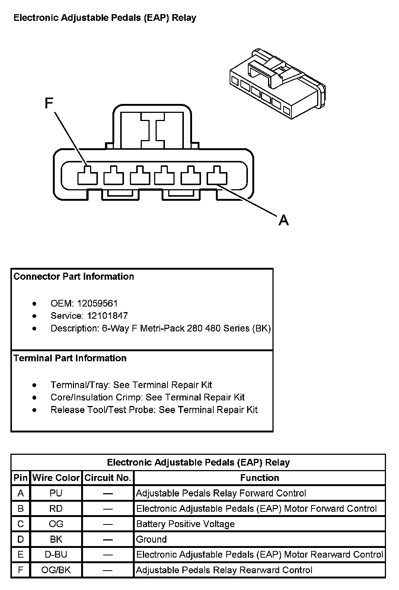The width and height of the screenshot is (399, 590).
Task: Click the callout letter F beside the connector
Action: point(49,103)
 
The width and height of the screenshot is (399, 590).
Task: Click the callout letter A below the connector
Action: point(283,220)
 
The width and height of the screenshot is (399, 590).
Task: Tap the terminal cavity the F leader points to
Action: point(87,176)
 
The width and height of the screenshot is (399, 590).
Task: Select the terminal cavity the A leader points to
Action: point(217,176)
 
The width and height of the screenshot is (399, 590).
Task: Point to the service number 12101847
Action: point(108,316)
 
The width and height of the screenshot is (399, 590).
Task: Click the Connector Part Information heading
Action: point(74,276)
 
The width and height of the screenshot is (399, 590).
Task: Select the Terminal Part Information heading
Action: point(70,358)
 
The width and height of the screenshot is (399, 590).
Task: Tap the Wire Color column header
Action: point(56,478)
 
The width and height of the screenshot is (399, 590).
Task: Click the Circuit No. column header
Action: point(108,478)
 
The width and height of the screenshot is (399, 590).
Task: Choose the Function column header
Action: point(259,478)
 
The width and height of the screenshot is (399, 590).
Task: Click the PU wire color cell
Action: point(56,493)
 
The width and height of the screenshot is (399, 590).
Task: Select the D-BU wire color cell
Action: point(56,555)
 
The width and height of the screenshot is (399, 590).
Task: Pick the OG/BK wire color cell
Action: point(56,570)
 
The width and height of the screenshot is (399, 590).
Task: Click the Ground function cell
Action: point(151,539)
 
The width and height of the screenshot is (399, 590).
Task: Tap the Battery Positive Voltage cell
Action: point(185,524)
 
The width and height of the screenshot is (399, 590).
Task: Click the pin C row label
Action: point(20,524)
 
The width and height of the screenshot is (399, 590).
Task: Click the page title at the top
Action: point(105,18)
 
